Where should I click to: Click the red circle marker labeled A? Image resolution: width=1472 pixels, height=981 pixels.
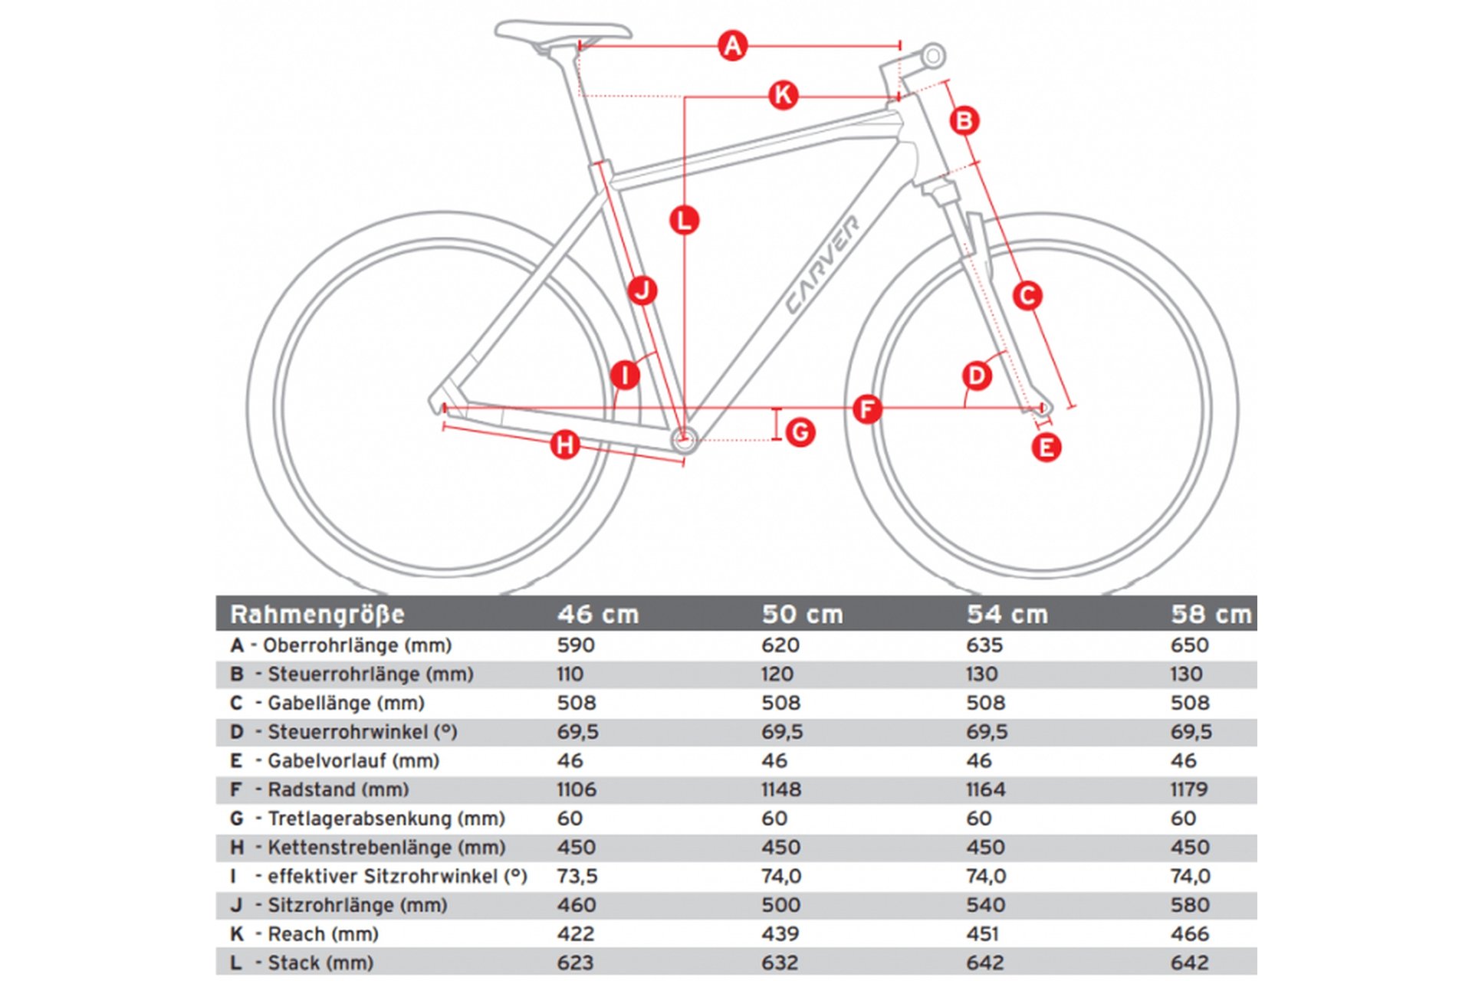click(732, 46)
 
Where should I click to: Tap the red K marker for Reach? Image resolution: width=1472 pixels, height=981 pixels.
click(783, 96)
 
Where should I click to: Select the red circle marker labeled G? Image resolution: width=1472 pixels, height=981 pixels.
click(800, 432)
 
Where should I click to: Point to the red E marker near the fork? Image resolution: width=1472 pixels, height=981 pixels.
click(1046, 448)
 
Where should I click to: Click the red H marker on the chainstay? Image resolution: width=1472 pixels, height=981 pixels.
click(565, 445)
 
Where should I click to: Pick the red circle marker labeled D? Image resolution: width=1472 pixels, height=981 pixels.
click(977, 376)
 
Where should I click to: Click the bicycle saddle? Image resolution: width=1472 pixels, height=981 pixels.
click(563, 32)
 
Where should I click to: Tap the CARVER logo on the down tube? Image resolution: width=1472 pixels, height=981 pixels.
click(823, 264)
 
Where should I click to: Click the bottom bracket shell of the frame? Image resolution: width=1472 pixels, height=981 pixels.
click(684, 439)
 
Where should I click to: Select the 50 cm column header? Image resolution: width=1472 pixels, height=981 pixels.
click(802, 615)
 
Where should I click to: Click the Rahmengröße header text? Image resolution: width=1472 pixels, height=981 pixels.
click(317, 615)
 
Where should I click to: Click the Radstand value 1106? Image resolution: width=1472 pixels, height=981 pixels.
click(577, 789)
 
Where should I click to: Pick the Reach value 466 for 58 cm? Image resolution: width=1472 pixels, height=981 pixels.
click(1189, 934)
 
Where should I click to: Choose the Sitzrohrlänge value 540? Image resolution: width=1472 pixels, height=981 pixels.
click(985, 905)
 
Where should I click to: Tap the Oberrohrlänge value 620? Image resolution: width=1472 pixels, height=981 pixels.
click(780, 645)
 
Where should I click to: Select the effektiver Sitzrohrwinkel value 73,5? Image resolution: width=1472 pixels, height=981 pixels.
click(577, 876)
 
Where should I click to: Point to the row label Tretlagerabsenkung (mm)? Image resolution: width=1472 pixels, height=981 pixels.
click(386, 819)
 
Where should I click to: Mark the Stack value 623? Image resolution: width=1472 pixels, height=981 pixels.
click(576, 963)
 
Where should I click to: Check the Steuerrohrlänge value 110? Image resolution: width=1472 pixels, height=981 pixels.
click(570, 674)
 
